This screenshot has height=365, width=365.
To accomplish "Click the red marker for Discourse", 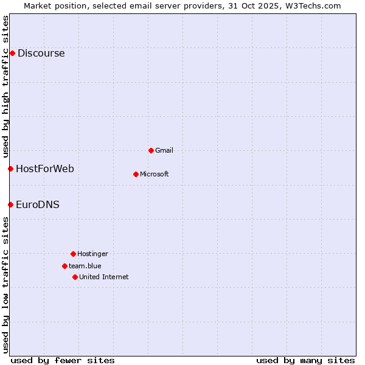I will (x=12, y=54).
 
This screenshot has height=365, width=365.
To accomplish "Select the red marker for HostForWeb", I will (x=10, y=169).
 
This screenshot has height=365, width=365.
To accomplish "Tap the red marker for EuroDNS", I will (x=10, y=204).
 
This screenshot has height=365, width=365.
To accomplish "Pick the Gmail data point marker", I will (x=151, y=150).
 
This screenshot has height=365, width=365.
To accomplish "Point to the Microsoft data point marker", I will (x=136, y=174).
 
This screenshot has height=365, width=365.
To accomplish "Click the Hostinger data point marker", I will (x=73, y=254).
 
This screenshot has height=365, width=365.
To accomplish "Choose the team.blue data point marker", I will (x=64, y=266).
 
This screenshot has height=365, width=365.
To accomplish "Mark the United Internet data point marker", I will (x=75, y=277).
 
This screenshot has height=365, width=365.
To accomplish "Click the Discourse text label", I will (x=41, y=54).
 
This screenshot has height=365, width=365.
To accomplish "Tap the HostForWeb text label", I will (x=45, y=169).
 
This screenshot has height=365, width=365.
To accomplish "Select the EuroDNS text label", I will (x=38, y=204).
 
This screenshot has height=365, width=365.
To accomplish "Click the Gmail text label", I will (x=164, y=150).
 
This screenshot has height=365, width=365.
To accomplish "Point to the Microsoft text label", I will (x=155, y=174).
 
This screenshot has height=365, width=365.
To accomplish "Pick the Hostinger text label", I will (x=92, y=254).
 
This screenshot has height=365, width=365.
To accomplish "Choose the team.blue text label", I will (x=85, y=266).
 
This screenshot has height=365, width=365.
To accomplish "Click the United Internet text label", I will (x=104, y=277).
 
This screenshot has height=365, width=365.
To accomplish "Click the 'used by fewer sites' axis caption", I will (x=63, y=360).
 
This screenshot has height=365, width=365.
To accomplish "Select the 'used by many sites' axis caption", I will (x=305, y=360).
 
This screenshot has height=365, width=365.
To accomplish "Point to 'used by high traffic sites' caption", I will (x=5, y=86).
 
